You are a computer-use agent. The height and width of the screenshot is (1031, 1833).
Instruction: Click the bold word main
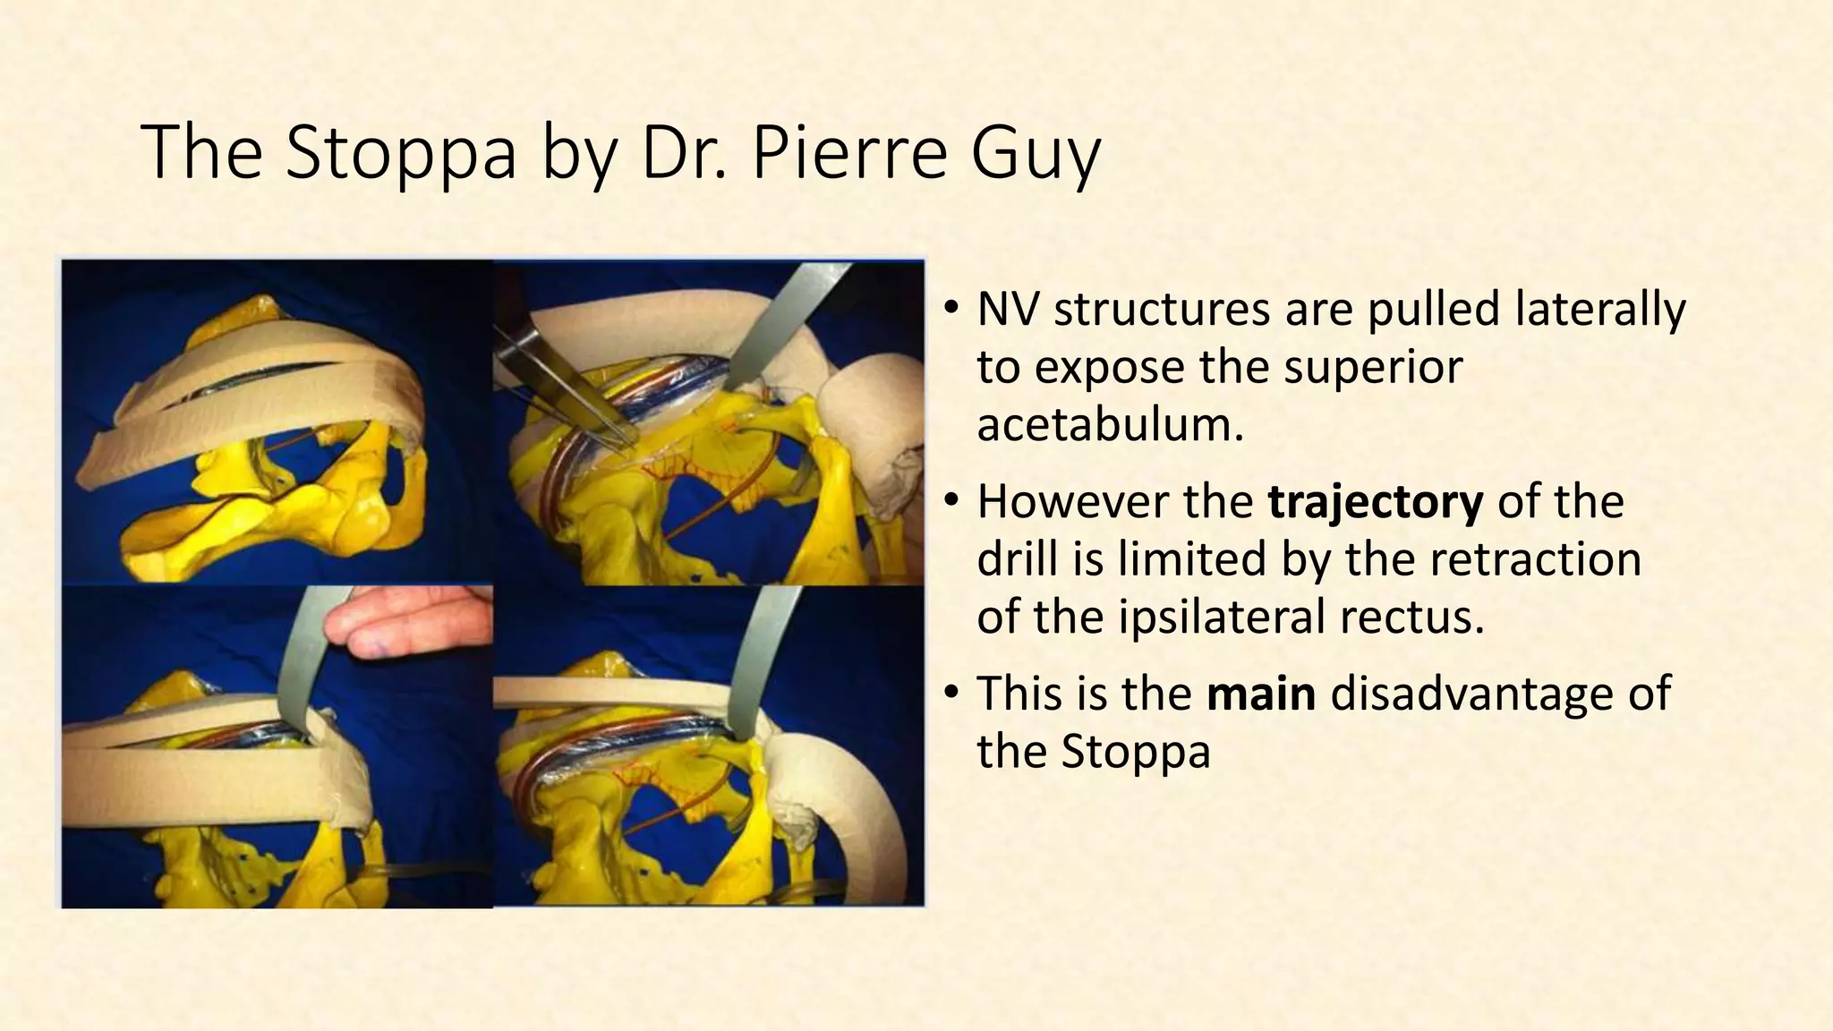coord(1261,694)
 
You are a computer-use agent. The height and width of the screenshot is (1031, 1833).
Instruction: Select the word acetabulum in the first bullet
coord(1110,424)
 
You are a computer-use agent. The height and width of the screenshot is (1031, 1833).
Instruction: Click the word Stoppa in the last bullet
coord(1135,752)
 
